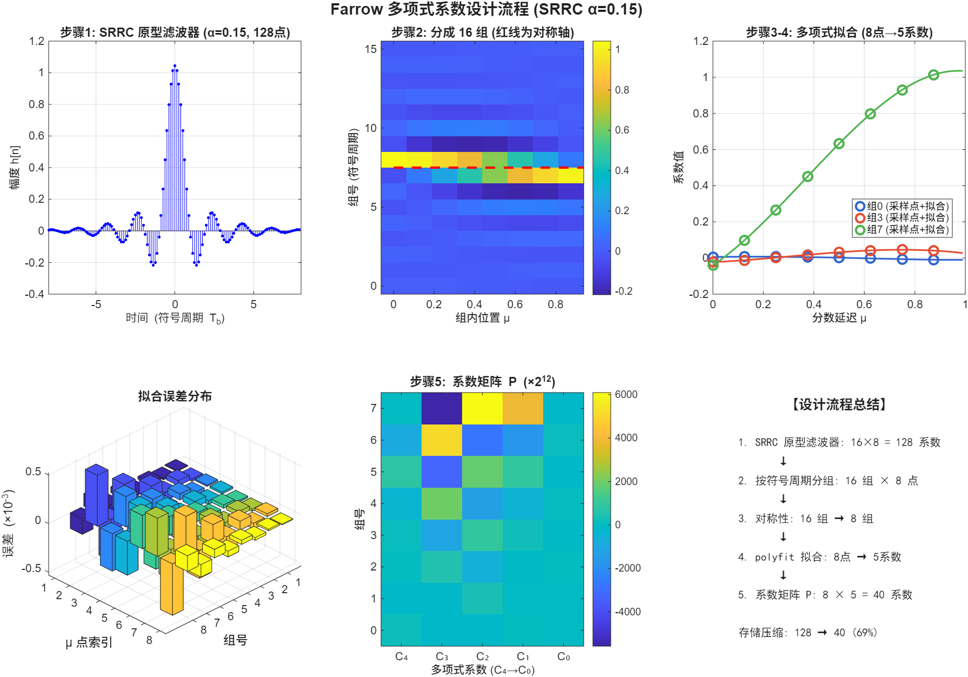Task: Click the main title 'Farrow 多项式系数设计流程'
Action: coord(430,10)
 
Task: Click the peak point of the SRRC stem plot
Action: coord(175,66)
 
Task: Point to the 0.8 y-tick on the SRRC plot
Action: coord(37,104)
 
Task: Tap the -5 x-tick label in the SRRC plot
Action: coord(96,304)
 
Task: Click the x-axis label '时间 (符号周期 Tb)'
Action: coord(175,318)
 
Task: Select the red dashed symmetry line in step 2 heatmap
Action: coord(482,168)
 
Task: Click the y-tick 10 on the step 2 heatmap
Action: coord(371,128)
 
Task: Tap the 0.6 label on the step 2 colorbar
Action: coord(622,130)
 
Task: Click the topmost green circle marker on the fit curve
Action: coord(933,75)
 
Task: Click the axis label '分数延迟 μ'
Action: coord(839,318)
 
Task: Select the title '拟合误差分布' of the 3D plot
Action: coord(175,396)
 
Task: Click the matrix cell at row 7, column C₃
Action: coord(442,408)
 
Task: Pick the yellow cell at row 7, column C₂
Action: coord(482,408)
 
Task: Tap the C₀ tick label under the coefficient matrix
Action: coord(563,656)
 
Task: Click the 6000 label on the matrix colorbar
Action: coord(626,394)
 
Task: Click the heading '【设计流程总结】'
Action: coord(839,404)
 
